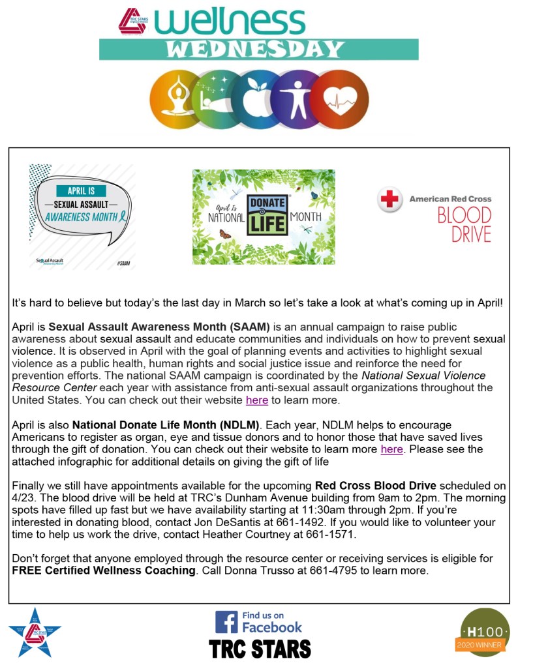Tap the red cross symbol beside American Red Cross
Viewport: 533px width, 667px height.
coord(389,200)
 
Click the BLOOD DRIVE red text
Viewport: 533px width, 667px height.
coord(464,224)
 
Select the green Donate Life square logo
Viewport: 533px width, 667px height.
coord(267,216)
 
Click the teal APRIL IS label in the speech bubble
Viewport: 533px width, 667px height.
coord(82,191)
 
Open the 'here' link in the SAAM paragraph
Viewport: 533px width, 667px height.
coord(256,400)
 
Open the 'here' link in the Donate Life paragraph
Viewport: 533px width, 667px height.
coord(391,449)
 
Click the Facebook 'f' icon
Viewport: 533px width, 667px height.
coord(226,621)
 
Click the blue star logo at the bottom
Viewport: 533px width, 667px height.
coord(35,632)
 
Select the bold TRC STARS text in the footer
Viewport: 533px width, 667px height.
coord(259,649)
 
